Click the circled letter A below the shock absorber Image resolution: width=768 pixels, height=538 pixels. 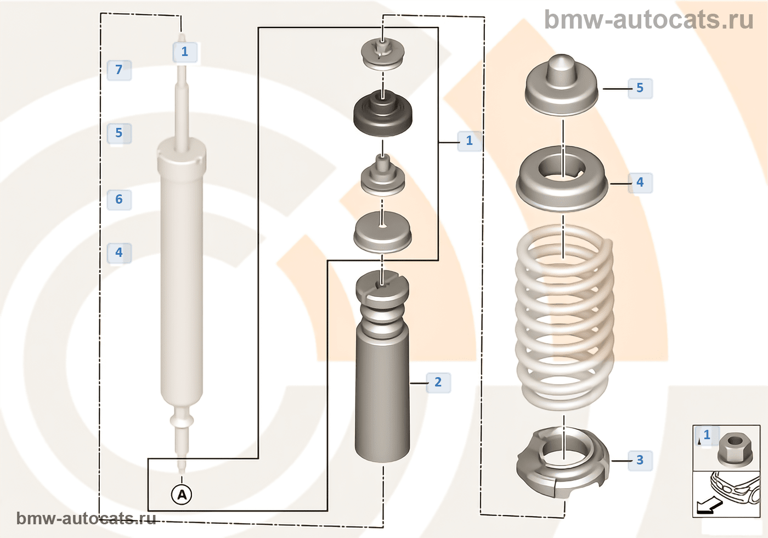click(x=182, y=495)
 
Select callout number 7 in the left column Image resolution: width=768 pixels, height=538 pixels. click(x=119, y=70)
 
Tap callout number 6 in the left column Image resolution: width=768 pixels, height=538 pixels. click(x=119, y=199)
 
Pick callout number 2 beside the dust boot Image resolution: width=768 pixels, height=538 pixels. click(x=438, y=382)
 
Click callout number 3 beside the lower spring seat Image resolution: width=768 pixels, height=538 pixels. click(x=640, y=460)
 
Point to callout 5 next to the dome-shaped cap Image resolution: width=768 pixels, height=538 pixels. click(x=640, y=88)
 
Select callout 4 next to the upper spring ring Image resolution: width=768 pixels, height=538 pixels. click(x=640, y=182)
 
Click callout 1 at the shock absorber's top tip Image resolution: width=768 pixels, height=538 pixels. click(x=185, y=52)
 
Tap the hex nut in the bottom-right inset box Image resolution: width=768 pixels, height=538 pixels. click(x=731, y=447)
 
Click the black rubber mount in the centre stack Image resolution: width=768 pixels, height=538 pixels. click(x=382, y=114)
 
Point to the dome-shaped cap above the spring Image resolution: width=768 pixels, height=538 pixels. click(x=562, y=85)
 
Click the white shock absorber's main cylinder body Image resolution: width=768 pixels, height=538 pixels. click(x=182, y=274)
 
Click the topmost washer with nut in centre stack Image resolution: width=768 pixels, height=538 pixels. click(x=382, y=54)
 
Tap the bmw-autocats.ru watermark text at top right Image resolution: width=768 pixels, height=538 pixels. click(x=648, y=20)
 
